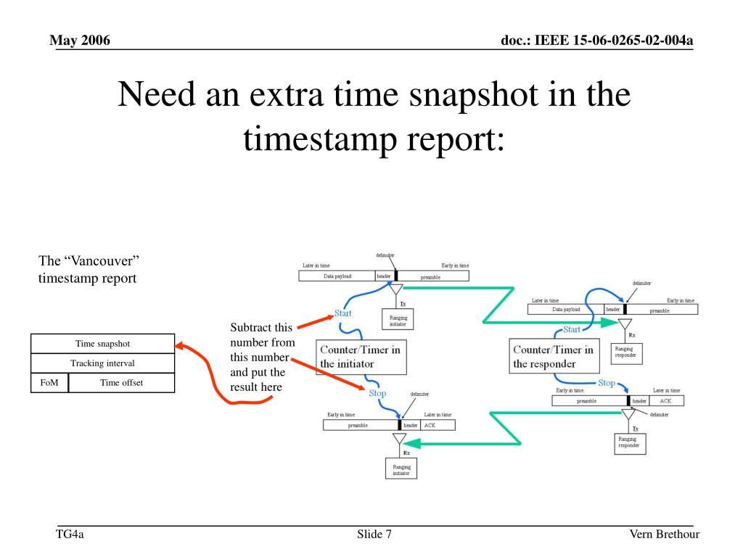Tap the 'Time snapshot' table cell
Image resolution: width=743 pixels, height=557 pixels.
pos(102,344)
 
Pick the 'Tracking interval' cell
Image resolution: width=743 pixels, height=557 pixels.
pos(102,363)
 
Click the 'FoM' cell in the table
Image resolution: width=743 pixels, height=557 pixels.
pos(49,383)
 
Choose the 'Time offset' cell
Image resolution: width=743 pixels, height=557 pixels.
pos(121,383)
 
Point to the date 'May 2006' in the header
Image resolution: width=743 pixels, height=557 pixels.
pos(80,40)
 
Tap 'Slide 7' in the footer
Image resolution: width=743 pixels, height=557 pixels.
pos(374,535)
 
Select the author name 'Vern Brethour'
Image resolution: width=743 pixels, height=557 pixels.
pos(664,535)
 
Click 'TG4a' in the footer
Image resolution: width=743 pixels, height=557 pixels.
pos(70,535)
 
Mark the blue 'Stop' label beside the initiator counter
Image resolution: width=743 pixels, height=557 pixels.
pos(377,393)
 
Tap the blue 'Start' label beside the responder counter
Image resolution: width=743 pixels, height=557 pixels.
pos(572,329)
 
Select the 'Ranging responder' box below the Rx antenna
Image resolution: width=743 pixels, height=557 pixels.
pos(625,352)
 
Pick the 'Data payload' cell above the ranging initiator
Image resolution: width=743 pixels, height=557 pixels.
pos(336,276)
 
